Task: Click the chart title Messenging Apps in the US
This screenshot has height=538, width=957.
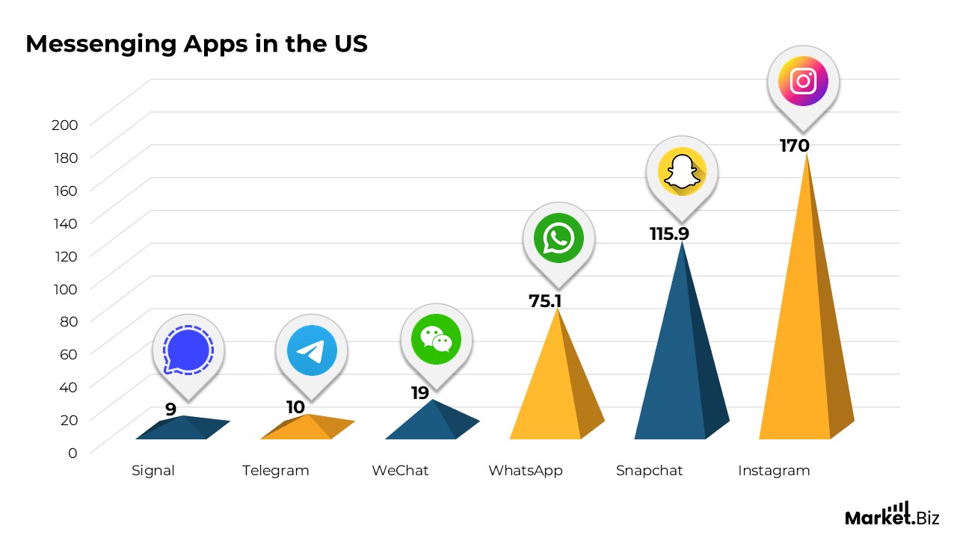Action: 196,44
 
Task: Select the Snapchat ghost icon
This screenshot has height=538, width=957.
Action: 681,173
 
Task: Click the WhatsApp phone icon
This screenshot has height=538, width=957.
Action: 558,238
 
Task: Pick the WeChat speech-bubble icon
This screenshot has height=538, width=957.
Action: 436,339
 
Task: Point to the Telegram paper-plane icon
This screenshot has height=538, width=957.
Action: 311,350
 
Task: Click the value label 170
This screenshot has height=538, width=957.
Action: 794,146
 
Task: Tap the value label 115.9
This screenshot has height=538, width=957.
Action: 669,234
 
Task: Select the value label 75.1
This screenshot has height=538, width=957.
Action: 545,300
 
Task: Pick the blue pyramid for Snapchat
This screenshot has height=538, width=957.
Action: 677,366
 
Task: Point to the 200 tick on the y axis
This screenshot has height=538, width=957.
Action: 64,125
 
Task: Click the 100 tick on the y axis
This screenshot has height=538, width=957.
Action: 64,288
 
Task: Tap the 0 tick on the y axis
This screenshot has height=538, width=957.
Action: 73,452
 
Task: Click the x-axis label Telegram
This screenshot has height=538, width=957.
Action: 275,471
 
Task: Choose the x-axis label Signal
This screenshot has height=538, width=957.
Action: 153,471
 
